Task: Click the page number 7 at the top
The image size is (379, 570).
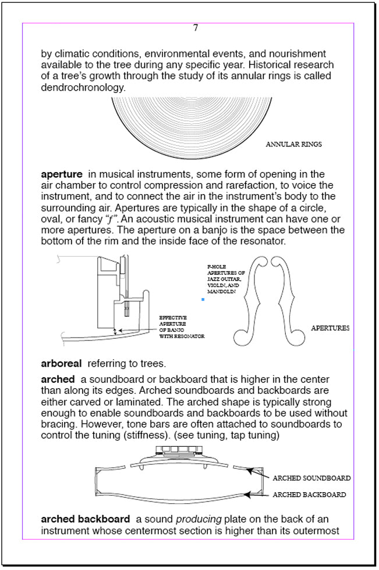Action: [x=196, y=28]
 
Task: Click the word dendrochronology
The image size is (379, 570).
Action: [x=82, y=88]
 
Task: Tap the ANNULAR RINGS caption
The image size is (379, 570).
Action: [x=293, y=144]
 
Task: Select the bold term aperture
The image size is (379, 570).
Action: [x=62, y=174]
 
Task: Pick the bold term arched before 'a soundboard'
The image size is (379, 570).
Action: [x=58, y=379]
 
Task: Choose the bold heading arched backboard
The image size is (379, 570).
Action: [x=85, y=519]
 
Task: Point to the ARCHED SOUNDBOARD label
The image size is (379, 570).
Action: [x=311, y=478]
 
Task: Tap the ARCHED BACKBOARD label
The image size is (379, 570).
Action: [x=309, y=495]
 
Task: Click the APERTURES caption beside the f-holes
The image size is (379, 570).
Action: [x=330, y=328]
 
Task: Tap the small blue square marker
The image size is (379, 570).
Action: [x=203, y=300]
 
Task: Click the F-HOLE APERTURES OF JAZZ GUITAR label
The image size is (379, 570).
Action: [x=225, y=279]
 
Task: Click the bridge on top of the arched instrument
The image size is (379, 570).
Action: [x=180, y=451]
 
